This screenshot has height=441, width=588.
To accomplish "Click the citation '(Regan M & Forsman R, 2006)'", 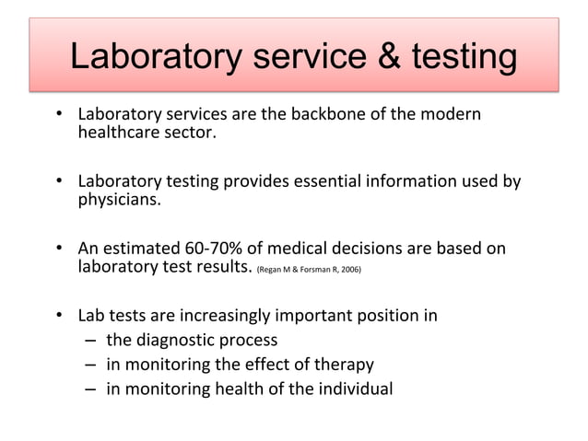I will (x=310, y=271).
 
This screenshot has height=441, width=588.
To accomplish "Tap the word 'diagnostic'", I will (x=183, y=340).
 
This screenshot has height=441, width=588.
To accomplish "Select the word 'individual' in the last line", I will (x=354, y=388).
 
